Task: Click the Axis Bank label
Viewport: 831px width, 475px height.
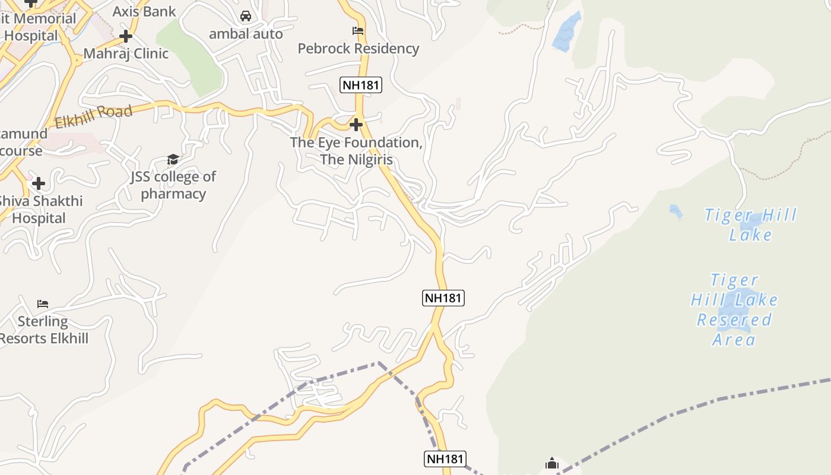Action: pyautogui.click(x=144, y=11)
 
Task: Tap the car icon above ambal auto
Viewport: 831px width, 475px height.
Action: pyautogui.click(x=246, y=16)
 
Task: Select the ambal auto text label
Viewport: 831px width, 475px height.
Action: pyautogui.click(x=246, y=34)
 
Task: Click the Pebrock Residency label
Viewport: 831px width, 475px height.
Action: pyautogui.click(x=359, y=49)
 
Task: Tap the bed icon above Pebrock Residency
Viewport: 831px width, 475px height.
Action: pyautogui.click(x=358, y=31)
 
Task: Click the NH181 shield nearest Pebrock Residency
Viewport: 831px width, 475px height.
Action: pyautogui.click(x=361, y=85)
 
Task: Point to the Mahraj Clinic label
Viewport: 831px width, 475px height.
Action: pyautogui.click(x=126, y=53)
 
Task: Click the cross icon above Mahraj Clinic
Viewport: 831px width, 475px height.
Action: pyautogui.click(x=125, y=36)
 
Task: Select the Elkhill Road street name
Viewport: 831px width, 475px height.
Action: pyautogui.click(x=93, y=117)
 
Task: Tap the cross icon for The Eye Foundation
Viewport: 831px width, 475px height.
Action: pyautogui.click(x=356, y=125)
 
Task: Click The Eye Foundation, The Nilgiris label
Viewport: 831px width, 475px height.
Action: pyautogui.click(x=356, y=151)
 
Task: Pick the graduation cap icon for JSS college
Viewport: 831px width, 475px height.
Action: pyautogui.click(x=173, y=159)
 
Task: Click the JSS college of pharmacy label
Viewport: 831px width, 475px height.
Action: pyautogui.click(x=173, y=185)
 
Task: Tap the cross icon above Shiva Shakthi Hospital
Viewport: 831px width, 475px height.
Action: pyautogui.click(x=39, y=183)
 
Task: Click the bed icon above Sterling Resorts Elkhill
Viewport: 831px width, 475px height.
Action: pyautogui.click(x=43, y=304)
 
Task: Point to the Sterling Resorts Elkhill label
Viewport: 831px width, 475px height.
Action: pyautogui.click(x=44, y=330)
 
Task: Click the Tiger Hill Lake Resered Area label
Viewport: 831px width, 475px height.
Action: pyautogui.click(x=734, y=309)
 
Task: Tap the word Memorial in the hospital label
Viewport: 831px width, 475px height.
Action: pyautogui.click(x=45, y=18)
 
